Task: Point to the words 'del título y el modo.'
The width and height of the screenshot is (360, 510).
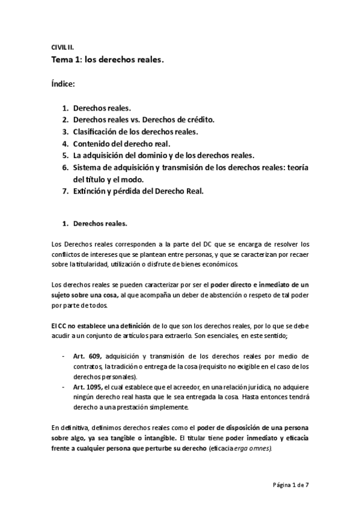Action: click(x=109, y=179)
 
